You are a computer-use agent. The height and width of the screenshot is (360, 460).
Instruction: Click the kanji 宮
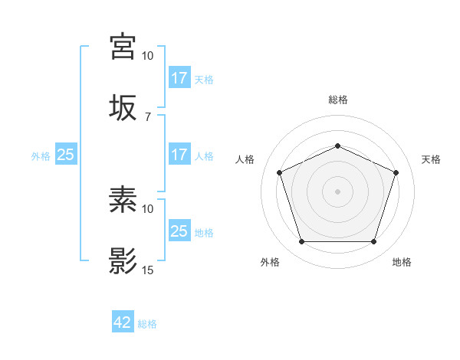[x=123, y=47]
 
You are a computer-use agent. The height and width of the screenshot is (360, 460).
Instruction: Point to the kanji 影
[x=123, y=260]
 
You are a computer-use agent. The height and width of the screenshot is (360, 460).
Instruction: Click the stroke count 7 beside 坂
[x=148, y=116]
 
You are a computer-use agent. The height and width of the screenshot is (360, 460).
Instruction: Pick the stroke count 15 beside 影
[x=148, y=270]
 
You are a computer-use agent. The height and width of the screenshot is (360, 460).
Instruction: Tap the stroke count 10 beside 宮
[x=148, y=56]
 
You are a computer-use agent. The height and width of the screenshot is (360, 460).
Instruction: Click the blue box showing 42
[x=123, y=323]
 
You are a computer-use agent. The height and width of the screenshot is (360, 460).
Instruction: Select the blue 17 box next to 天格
[x=179, y=78]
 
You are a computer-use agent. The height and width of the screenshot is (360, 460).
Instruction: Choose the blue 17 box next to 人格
[x=179, y=155]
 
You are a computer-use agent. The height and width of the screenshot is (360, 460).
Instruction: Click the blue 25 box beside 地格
[x=179, y=231]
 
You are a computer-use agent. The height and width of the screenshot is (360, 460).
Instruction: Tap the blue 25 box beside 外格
[x=65, y=155]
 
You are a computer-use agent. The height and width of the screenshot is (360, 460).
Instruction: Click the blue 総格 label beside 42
[x=147, y=324]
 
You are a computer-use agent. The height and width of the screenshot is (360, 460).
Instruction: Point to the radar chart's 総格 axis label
[x=338, y=100]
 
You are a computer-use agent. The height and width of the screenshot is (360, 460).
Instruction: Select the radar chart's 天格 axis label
[x=432, y=159]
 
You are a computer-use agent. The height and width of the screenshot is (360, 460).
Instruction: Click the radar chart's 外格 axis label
[x=270, y=262]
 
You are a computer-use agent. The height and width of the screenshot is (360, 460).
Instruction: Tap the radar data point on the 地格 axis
[x=374, y=242]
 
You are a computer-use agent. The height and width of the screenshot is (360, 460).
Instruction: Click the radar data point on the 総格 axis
[x=338, y=145]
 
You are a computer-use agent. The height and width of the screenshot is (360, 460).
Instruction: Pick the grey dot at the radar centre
[x=338, y=191]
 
